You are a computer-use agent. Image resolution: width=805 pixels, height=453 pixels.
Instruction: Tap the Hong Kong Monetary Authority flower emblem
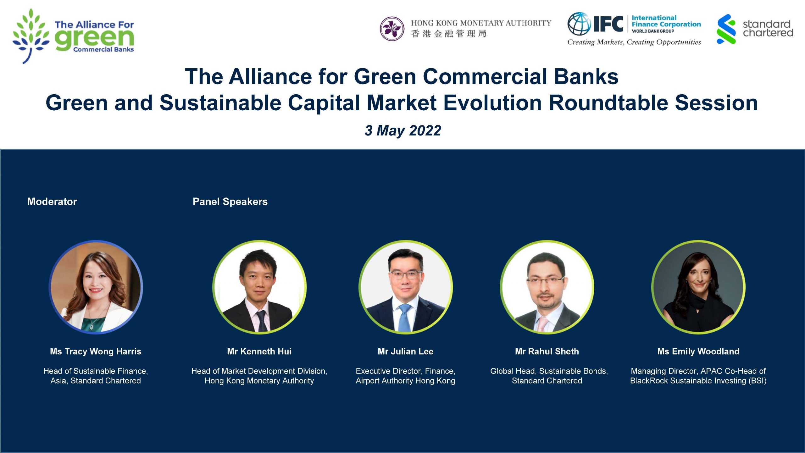tap(392, 29)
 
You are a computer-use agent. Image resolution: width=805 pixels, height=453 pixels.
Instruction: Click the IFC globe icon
tap(579, 24)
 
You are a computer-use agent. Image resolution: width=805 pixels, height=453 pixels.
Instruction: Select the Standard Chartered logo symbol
tap(726, 29)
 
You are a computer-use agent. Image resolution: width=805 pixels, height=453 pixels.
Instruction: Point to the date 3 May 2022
tap(403, 130)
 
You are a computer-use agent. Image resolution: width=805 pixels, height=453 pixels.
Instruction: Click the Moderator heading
tap(52, 202)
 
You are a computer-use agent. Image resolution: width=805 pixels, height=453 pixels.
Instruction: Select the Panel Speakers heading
tap(230, 202)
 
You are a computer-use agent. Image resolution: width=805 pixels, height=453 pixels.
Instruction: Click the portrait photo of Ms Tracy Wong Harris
tap(96, 287)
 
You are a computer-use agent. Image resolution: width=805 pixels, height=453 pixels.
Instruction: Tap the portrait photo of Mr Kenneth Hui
tap(259, 287)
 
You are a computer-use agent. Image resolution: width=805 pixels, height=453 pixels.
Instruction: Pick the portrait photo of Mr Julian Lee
tap(406, 287)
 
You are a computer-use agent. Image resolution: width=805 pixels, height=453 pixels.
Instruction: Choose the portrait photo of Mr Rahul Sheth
tap(547, 287)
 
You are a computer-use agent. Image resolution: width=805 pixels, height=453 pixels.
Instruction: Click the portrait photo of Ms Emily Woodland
tap(698, 287)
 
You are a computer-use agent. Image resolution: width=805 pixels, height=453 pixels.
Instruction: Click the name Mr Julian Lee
tap(406, 351)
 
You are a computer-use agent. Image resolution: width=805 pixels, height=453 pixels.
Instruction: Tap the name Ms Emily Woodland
tap(698, 351)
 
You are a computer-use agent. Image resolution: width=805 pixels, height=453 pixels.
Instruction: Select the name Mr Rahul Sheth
tap(547, 351)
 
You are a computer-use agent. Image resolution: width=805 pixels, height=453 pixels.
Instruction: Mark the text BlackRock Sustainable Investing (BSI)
tap(698, 381)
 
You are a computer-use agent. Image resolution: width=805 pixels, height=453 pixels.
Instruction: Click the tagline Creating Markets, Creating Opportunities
tap(634, 42)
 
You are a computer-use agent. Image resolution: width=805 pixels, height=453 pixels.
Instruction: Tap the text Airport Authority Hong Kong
tap(406, 381)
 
